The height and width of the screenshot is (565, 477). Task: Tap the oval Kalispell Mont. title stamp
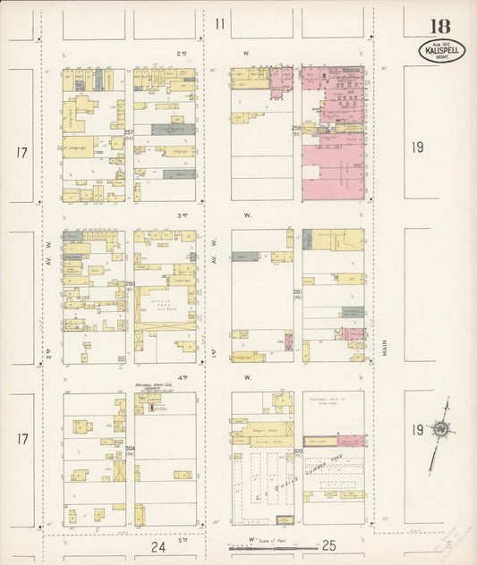pos(441,50)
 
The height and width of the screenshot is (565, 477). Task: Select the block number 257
pos(129,132)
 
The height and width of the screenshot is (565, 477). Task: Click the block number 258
pos(296,130)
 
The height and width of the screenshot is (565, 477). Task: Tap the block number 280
pos(129,284)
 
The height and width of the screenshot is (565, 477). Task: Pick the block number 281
pos(296,291)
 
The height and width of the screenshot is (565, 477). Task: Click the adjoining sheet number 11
pos(219,24)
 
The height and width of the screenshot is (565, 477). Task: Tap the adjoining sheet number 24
pos(158,545)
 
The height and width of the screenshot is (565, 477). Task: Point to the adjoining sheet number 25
pos(328,545)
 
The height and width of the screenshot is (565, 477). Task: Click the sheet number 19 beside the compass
pos(417,430)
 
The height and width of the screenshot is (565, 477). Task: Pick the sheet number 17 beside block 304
pos(21,438)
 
